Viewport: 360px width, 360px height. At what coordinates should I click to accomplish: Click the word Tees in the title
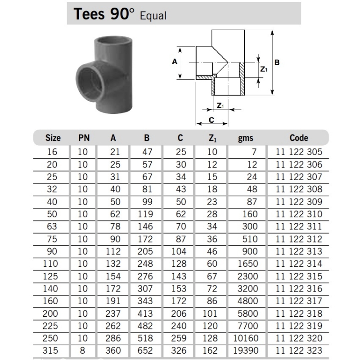pos(89,14)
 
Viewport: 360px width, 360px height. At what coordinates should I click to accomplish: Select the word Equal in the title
pos(153,16)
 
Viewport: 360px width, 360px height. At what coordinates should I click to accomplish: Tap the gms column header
pos(245,138)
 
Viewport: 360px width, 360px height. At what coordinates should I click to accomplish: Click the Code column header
pos(299,138)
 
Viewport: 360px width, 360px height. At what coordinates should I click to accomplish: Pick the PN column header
pos(84,138)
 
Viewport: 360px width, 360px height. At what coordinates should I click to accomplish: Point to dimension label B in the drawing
pos(277,63)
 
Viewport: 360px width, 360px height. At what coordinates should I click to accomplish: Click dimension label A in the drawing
pos(175,62)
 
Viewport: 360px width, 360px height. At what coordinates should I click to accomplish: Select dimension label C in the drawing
pos(211,120)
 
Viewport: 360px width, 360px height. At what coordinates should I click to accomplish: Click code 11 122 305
pos(299,152)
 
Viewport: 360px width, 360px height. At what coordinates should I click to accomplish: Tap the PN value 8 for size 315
pos(82,351)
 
